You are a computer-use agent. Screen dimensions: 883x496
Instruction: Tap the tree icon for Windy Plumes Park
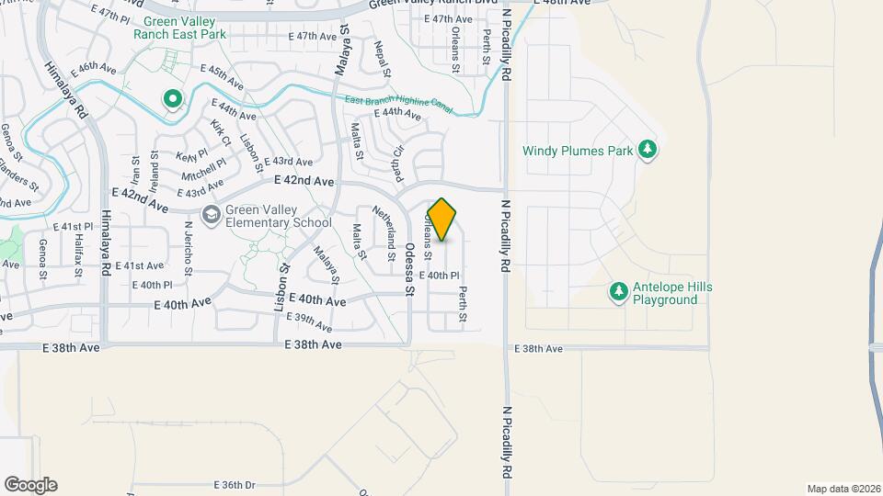tap(648, 149)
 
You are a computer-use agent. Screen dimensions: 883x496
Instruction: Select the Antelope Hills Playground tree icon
tap(619, 292)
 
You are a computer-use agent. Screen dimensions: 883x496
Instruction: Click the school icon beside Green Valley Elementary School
tap(212, 215)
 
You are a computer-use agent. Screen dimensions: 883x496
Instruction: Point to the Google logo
tap(30, 485)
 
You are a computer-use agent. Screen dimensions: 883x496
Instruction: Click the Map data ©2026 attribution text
tap(843, 488)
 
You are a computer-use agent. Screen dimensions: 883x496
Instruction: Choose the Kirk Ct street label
tap(220, 133)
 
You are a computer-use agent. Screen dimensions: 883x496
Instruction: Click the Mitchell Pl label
tap(203, 170)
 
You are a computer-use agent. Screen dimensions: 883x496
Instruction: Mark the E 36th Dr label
tap(234, 485)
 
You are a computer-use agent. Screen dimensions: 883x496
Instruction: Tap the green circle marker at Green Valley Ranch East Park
tap(171, 98)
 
